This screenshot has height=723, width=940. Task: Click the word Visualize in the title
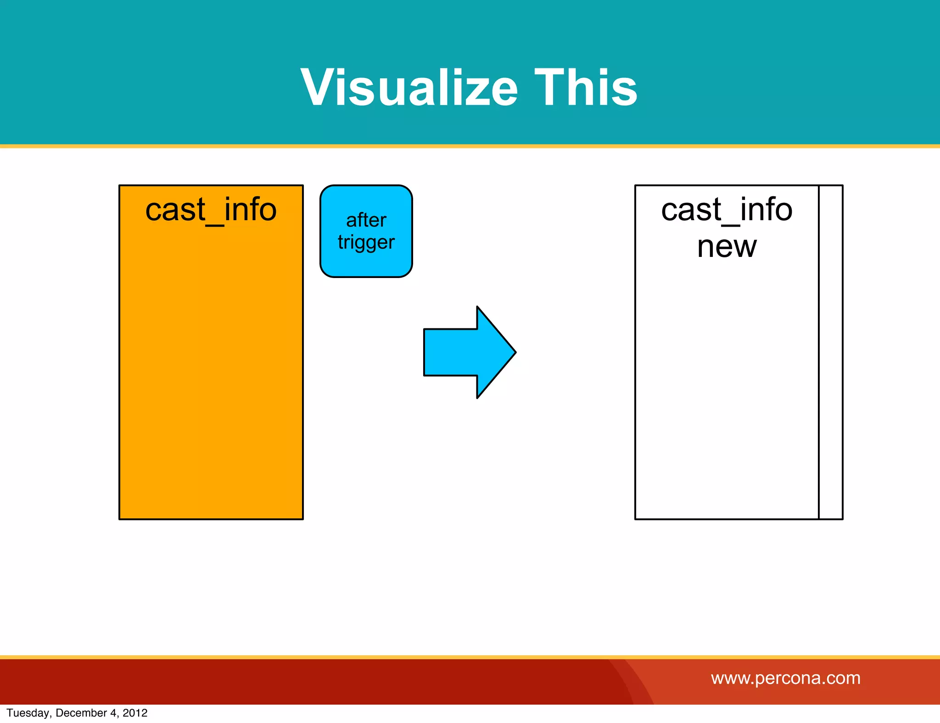[x=409, y=87]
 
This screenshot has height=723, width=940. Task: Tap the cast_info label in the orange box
[x=211, y=210]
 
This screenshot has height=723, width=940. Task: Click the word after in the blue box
[x=366, y=220]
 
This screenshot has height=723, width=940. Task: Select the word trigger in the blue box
[x=366, y=242]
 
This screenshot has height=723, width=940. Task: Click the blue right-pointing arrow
[x=464, y=352]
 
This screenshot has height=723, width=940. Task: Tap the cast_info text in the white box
[x=727, y=210]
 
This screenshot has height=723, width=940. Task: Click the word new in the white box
[x=727, y=247]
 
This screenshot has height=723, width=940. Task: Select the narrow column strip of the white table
[x=831, y=352]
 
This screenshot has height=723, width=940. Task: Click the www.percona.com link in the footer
[x=785, y=678]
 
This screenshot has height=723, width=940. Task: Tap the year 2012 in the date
[x=135, y=713]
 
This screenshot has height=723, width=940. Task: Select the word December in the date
[x=81, y=713]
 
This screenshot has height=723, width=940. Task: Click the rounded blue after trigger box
[x=366, y=266]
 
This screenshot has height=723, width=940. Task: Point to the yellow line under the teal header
[x=470, y=146]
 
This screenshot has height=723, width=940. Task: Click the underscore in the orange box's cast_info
[x=215, y=224]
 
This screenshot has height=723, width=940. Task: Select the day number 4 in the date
[x=113, y=713]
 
